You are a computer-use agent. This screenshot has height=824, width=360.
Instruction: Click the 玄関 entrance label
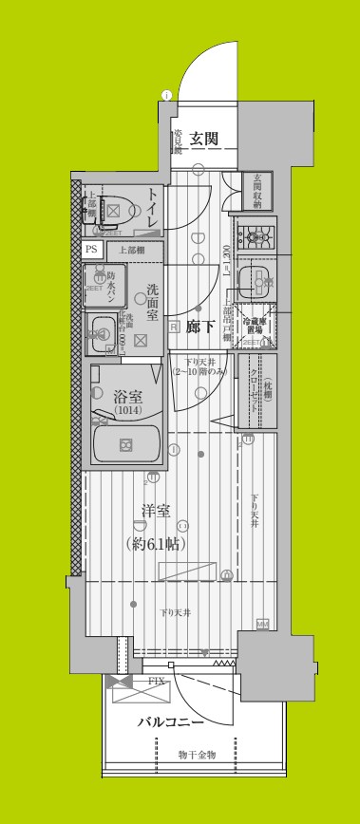coord(205,139)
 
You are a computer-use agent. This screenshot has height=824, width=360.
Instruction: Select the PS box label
coord(91,249)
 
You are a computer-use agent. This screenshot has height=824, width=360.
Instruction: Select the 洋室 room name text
coord(156,511)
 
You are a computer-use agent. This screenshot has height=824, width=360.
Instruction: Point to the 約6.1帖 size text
coord(156,544)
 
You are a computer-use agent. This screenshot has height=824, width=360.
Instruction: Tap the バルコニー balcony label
coord(169,722)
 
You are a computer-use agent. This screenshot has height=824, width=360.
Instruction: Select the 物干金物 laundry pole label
coord(198,754)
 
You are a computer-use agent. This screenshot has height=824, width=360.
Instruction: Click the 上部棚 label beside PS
coord(132,249)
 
